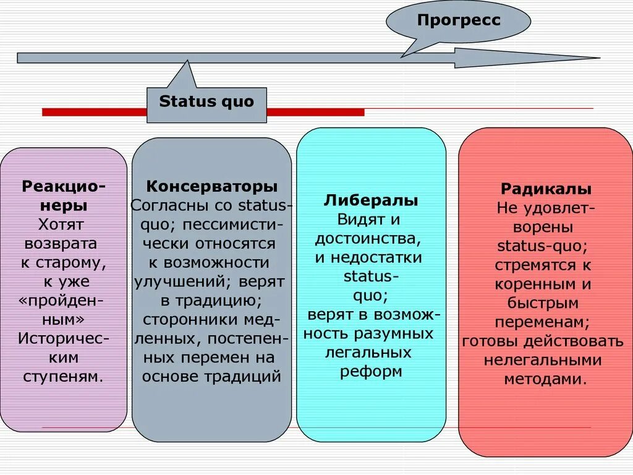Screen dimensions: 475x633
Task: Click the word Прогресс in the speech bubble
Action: click(x=459, y=20)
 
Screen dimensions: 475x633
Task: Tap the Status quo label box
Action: click(x=206, y=102)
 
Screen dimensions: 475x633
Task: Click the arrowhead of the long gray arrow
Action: click(x=525, y=58)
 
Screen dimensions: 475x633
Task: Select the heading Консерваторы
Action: click(x=211, y=186)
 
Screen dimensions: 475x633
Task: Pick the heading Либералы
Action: click(x=371, y=200)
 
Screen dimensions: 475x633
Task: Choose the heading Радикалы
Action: click(x=546, y=189)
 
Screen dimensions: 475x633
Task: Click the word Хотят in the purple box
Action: click(x=61, y=224)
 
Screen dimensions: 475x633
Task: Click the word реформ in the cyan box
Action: click(x=371, y=372)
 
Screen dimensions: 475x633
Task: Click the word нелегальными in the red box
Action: click(x=543, y=361)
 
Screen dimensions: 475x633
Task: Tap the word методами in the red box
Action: click(x=544, y=380)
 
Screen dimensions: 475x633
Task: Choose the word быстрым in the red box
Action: click(x=543, y=303)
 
